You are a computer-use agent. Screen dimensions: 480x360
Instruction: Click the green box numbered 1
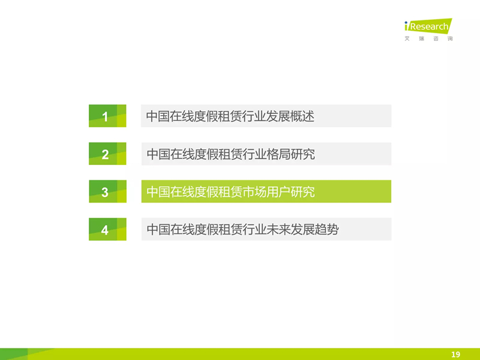(108, 116)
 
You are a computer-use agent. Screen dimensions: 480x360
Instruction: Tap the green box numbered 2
(108, 153)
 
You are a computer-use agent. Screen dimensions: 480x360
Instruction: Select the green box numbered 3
(108, 191)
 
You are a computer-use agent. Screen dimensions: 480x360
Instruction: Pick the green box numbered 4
(108, 229)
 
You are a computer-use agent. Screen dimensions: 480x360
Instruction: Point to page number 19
(456, 354)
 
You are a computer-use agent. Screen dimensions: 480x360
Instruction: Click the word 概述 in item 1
(302, 116)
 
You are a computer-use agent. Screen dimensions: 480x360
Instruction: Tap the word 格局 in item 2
(278, 154)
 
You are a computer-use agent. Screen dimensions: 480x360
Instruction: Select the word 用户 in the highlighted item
(278, 192)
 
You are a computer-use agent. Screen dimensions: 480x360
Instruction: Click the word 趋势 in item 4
(326, 230)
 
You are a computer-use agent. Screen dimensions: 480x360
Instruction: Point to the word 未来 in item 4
(278, 230)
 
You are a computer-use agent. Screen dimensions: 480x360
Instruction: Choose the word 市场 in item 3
(255, 192)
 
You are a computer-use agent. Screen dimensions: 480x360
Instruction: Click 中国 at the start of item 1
(158, 116)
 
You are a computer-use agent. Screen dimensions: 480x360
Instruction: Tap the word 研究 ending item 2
(303, 154)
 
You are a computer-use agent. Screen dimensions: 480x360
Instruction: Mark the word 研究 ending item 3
(303, 192)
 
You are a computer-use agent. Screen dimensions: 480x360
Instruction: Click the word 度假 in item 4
(207, 230)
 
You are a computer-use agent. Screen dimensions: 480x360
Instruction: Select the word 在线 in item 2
(183, 154)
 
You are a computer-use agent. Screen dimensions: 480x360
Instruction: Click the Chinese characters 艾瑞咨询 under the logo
(429, 38)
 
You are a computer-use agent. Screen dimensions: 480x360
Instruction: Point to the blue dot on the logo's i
(406, 22)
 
